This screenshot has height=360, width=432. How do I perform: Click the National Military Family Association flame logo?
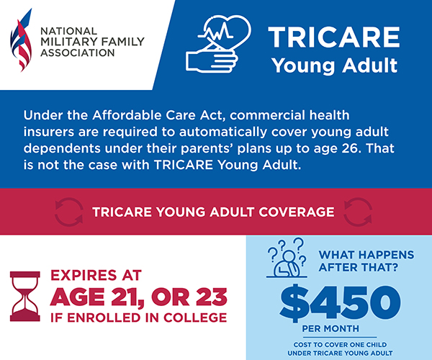click(x=21, y=40)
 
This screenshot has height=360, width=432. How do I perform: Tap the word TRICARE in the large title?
click(x=334, y=37)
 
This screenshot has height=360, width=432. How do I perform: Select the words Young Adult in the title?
click(x=335, y=66)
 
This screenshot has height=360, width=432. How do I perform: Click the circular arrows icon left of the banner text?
click(x=69, y=212)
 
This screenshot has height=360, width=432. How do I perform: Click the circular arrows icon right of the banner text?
click(x=358, y=212)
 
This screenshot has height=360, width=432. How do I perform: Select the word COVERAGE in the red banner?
click(x=297, y=212)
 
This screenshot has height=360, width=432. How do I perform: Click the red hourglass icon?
click(x=25, y=297)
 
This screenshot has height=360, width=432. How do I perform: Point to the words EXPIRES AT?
click(x=96, y=275)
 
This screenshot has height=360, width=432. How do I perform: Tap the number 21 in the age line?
click(x=127, y=297)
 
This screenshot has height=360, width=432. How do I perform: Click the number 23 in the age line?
click(x=212, y=297)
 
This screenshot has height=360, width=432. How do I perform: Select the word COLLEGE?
click(x=195, y=318)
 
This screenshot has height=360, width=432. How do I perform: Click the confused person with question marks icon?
click(x=287, y=258)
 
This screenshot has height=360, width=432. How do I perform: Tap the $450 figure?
click(x=341, y=303)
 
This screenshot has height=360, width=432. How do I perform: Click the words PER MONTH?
click(x=330, y=328)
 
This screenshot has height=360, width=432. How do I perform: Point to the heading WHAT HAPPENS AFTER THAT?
click(x=366, y=261)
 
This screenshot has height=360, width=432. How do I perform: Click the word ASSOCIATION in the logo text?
click(x=78, y=53)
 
